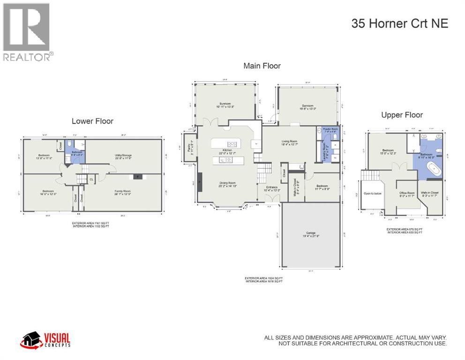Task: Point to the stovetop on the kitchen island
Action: click(x=232, y=144)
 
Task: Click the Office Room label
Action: click(x=406, y=193)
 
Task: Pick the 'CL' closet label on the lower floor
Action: click(x=92, y=179)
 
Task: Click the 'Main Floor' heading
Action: click(x=262, y=66)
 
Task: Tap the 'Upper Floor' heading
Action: click(x=402, y=115)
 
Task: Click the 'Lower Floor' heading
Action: click(x=92, y=121)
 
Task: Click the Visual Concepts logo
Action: click(x=45, y=339)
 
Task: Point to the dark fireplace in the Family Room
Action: click(x=137, y=177)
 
